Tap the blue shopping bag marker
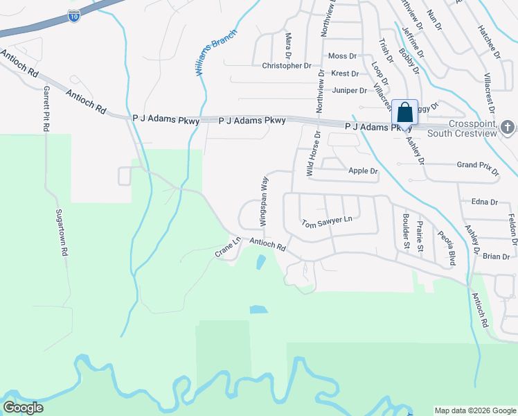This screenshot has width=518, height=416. [x=404, y=113]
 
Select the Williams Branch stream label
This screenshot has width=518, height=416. [x=215, y=52]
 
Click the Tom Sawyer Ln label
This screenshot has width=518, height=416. [x=327, y=223]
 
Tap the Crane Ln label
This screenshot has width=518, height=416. [x=226, y=248]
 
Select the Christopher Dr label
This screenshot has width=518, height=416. [x=287, y=66]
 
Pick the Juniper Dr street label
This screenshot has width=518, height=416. [x=349, y=90]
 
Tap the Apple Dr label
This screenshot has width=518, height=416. [x=364, y=171]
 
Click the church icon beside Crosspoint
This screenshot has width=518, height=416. [x=508, y=127]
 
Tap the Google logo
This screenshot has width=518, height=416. [x=23, y=408]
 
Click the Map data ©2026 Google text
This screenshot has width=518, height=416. [x=474, y=410]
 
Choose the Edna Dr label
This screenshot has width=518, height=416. [x=484, y=202]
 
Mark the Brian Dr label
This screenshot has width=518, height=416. [x=496, y=256]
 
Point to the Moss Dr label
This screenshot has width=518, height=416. [x=342, y=55]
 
